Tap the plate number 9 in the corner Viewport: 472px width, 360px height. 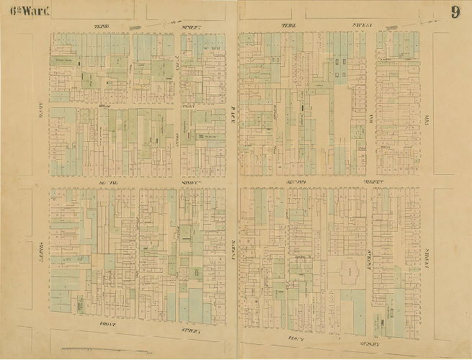(455, 12)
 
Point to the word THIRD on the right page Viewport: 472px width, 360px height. (288, 25)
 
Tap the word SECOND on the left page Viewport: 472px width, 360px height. (107, 184)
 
